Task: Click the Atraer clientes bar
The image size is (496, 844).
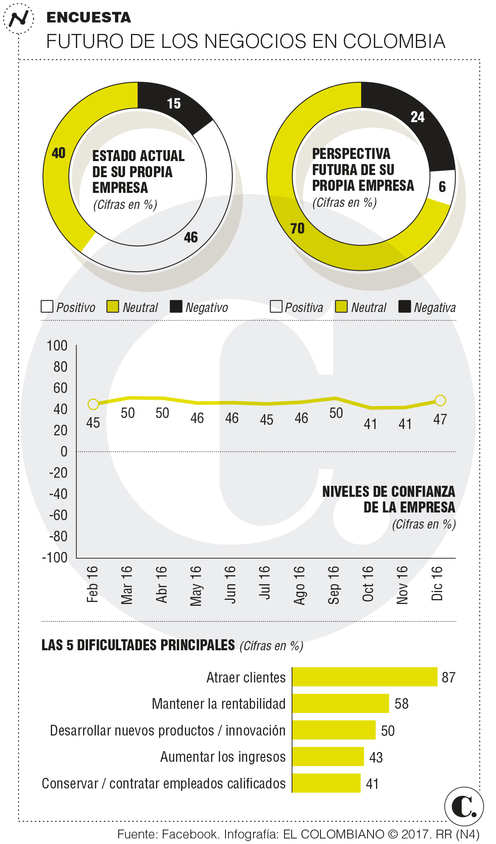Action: coord(365,677)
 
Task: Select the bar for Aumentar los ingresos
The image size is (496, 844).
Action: coord(328,757)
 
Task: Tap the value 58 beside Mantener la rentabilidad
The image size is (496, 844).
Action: coord(401,704)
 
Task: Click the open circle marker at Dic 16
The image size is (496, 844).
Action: coord(440,401)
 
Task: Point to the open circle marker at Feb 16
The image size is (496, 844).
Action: coord(93,404)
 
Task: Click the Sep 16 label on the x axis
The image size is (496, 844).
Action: coord(334,585)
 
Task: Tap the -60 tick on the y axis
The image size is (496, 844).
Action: coord(59,515)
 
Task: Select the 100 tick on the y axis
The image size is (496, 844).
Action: coord(57,346)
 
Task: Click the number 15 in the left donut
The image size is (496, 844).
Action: coord(174,103)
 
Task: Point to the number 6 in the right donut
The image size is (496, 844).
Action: coord(442,187)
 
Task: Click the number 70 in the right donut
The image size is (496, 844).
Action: coord(298,228)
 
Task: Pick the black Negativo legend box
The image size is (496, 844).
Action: coord(176,306)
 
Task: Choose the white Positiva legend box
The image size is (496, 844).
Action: coord(276,306)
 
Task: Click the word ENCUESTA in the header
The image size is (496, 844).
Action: coord(89,17)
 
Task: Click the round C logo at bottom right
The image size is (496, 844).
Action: coord(464,806)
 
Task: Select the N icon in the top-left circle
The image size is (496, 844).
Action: coord(19,19)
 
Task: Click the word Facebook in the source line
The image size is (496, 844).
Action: coord(190,834)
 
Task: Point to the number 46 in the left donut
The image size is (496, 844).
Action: coord(191,237)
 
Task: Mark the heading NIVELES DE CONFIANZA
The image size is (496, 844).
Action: coord(388,492)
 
